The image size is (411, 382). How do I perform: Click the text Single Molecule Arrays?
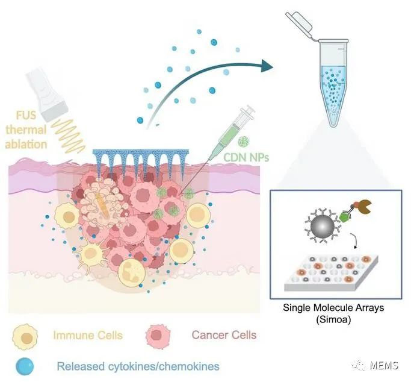pyautogui.click(x=333, y=308)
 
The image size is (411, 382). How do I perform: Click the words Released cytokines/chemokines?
pyautogui.click(x=138, y=365)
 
